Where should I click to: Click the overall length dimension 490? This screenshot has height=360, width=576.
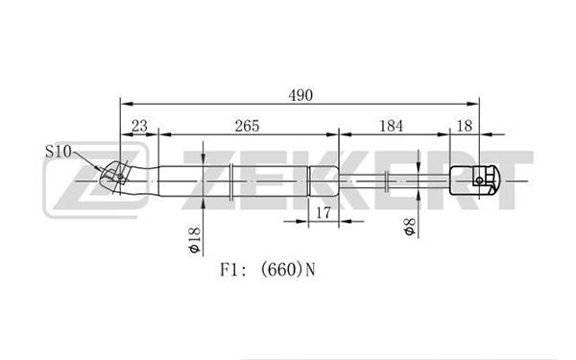coord(300,95)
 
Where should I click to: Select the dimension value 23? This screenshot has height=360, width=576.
coord(139,126)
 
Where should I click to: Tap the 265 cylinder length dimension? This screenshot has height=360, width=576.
coord(248,126)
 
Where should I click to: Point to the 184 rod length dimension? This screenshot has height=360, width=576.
coord(392,126)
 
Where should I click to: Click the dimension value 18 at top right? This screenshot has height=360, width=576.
coord(465,126)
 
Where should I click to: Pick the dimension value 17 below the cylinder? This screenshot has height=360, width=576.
coord(324,213)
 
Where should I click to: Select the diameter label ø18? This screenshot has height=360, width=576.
coord(194,240)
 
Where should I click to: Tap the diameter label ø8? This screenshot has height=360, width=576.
coord(409,227)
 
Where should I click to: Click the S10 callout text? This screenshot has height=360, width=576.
coord(58,152)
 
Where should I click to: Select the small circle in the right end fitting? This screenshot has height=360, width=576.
coord(479,180)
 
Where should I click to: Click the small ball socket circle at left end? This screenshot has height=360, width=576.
coord(121,177)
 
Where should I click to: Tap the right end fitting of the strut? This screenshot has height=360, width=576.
coord(474,180)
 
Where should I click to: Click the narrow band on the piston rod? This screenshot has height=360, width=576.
coord(387,180)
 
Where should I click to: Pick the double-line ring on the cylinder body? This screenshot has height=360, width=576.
coord(231,181)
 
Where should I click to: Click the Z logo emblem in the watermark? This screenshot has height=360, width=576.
coord(96,180)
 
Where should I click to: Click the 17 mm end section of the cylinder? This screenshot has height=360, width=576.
coord(324,181)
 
